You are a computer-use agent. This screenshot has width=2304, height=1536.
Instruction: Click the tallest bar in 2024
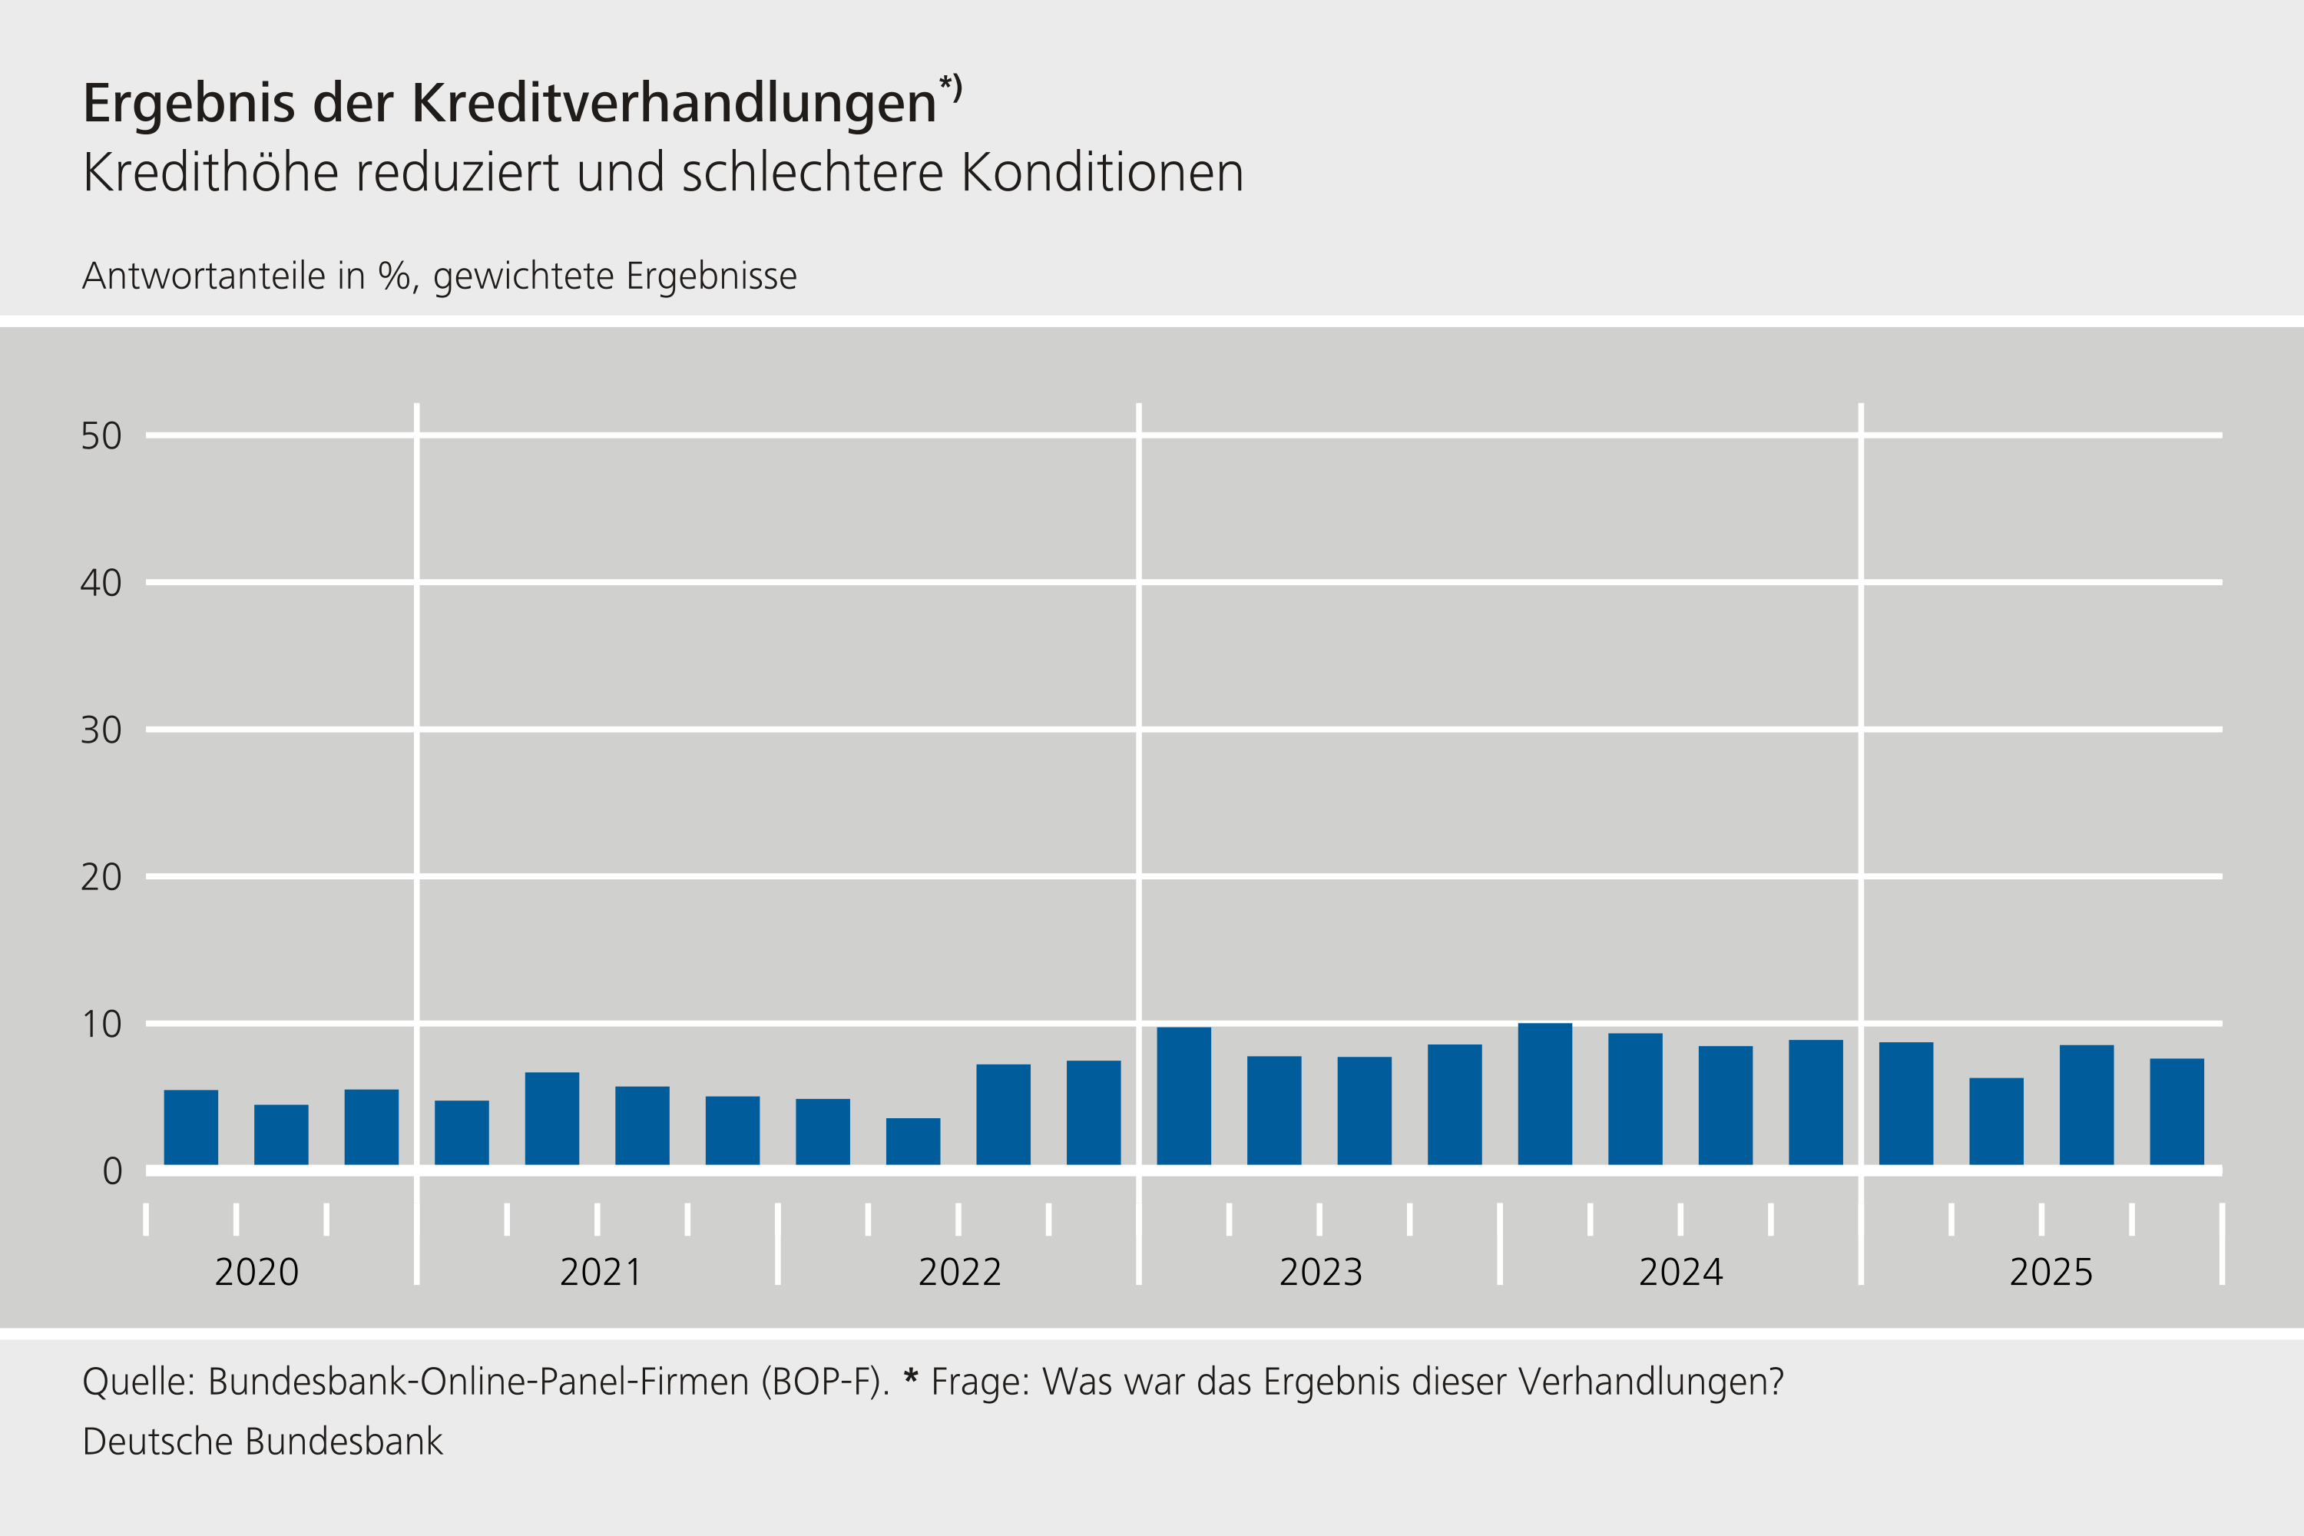pos(1544,1093)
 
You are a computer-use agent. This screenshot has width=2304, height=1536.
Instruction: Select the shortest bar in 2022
pos(913,1141)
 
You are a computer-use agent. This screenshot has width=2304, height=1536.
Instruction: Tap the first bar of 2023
pos(1183,1095)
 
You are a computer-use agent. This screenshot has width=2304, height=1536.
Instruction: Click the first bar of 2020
pos(191,1127)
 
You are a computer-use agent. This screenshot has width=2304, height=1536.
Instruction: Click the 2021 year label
pos(600,1273)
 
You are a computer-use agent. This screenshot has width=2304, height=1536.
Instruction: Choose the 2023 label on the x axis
pos(1320,1273)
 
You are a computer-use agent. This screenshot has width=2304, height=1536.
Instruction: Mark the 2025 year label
pos(2051,1273)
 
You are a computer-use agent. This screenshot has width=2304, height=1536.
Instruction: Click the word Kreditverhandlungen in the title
pos(674,103)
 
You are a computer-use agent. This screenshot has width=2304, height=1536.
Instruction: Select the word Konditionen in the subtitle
pos(1102,174)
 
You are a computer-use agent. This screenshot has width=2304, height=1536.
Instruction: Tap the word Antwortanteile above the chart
pos(204,276)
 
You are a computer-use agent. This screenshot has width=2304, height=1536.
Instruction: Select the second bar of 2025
pos(1996,1121)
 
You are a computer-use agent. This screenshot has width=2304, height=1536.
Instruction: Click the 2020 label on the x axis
pos(257,1273)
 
